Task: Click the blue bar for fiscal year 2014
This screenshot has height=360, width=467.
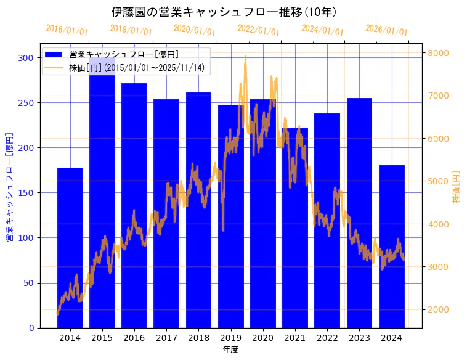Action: [70, 247]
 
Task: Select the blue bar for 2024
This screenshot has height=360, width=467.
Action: [392, 247]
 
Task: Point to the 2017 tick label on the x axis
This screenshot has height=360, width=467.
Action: [166, 337]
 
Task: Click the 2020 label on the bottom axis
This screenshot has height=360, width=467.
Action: [263, 337]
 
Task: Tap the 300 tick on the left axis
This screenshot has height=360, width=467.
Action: [26, 58]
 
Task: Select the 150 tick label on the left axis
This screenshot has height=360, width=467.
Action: [26, 193]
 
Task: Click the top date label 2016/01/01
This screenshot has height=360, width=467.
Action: [67, 30]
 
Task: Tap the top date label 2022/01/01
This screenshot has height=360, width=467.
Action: [258, 30]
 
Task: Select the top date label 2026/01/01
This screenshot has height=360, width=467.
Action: [386, 30]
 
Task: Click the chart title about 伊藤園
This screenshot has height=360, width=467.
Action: [224, 12]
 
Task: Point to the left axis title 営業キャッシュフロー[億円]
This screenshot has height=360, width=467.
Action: [9, 187]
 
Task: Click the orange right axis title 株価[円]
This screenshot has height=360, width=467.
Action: [457, 187]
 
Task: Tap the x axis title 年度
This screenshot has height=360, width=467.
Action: [230, 350]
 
